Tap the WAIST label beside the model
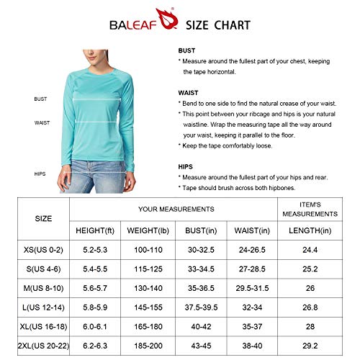point(42,122)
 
